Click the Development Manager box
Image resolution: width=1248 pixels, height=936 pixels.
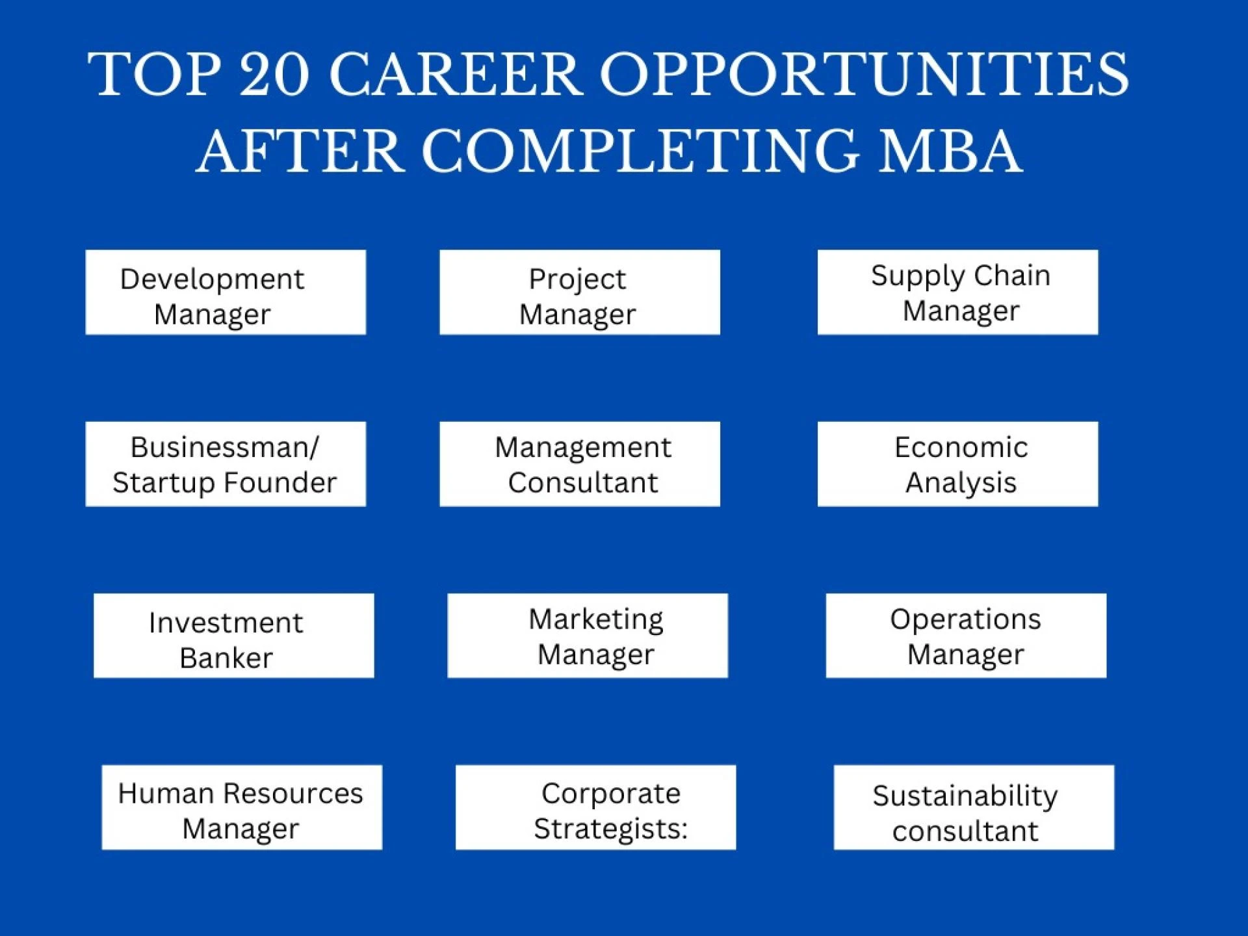click(225, 292)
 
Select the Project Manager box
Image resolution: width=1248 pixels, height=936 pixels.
click(579, 292)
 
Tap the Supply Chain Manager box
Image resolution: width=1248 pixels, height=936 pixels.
click(957, 292)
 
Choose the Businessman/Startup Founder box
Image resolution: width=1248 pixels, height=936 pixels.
click(225, 464)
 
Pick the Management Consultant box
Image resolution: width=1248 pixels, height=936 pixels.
click(579, 464)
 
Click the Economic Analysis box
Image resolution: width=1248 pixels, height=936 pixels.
click(957, 464)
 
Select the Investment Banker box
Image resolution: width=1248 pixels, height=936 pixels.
click(233, 636)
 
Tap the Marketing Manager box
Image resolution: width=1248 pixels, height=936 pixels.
click(588, 636)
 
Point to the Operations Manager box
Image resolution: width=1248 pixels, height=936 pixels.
click(966, 636)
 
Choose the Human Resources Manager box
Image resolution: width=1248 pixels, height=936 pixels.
click(242, 807)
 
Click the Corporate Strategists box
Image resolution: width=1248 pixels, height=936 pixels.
click(595, 807)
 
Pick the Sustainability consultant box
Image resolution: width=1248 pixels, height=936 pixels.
click(974, 807)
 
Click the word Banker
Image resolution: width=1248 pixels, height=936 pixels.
click(226, 658)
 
